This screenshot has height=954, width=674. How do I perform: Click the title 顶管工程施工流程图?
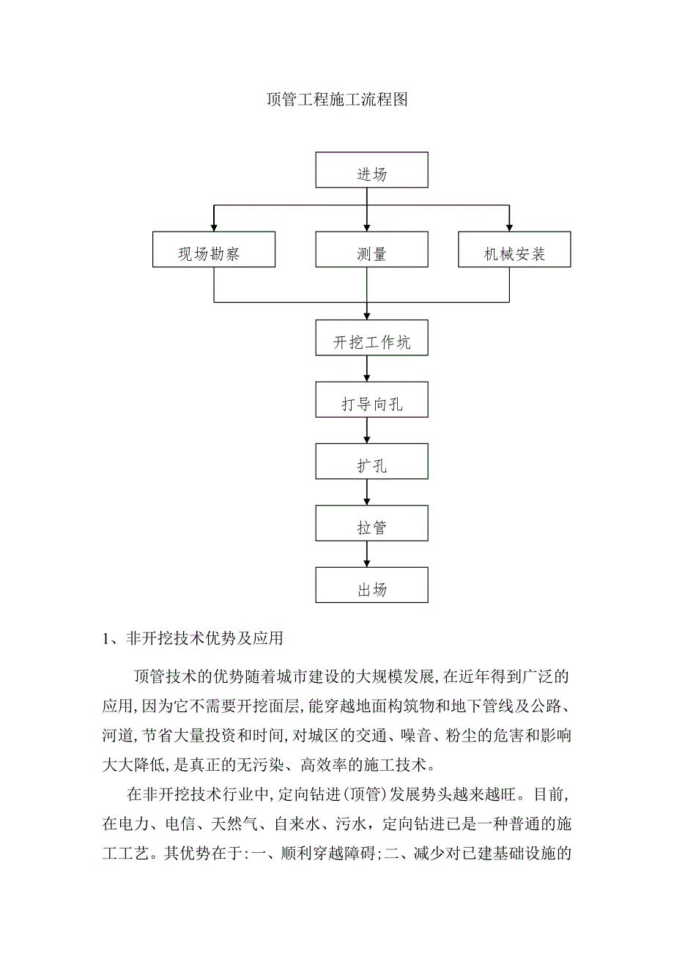pos(336,100)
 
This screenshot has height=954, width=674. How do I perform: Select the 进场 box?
pos(371,170)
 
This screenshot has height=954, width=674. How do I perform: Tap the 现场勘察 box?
pos(214,249)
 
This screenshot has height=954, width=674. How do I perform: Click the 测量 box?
pos(371,249)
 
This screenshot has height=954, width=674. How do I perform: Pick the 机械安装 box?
pos(514,249)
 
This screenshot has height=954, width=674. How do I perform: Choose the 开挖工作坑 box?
pos(371,338)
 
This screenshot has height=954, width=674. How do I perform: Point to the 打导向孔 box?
pos(371,399)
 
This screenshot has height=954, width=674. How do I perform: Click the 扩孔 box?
pos(371,461)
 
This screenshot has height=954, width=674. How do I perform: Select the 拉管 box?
pos(371,522)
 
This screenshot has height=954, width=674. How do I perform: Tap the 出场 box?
pos(371,584)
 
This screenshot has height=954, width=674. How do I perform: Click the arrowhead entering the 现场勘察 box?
pos(214,226)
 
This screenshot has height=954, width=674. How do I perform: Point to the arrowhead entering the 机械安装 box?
pos(509,226)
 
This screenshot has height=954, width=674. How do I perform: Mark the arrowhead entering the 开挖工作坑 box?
pos(367,315)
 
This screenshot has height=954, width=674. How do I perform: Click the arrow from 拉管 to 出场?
pos(367,553)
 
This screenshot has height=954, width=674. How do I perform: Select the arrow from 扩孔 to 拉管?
pos(367,492)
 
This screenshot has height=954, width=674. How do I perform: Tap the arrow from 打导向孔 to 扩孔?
pos(367,430)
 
